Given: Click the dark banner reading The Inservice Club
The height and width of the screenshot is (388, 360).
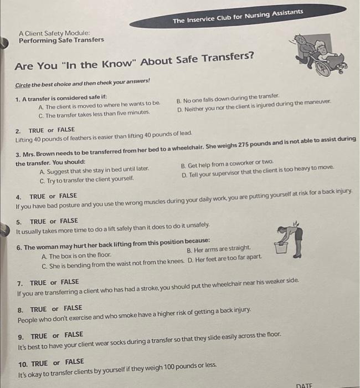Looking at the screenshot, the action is [x=238, y=16].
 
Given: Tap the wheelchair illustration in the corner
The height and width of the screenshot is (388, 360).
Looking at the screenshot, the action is [x=318, y=55].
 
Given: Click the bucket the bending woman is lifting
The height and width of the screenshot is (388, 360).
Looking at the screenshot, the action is [x=281, y=248].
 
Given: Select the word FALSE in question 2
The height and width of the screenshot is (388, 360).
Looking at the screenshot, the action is [x=66, y=130].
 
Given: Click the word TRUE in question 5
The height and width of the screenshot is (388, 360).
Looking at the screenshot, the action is [x=38, y=222].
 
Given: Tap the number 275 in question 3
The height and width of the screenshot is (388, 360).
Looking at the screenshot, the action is [x=244, y=145].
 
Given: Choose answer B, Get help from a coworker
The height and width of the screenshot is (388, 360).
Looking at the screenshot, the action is [x=227, y=164].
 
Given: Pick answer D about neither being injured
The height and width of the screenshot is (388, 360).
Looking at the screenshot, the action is [x=254, y=106].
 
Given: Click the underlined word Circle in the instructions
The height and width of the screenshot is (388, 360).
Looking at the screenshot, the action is [x=23, y=85].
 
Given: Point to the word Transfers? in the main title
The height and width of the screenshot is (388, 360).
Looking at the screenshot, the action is [x=228, y=58].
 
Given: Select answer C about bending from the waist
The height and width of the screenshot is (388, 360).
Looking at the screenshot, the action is [x=113, y=264].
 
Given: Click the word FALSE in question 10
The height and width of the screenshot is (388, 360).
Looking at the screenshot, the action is [x=74, y=362].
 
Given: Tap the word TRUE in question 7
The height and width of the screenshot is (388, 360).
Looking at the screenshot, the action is [x=38, y=283].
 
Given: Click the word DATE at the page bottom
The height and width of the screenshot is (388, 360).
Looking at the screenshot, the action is [x=304, y=385].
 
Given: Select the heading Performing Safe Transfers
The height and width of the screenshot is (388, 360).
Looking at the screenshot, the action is [x=61, y=40].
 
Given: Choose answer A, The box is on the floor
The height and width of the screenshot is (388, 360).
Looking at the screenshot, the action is [x=76, y=256].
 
